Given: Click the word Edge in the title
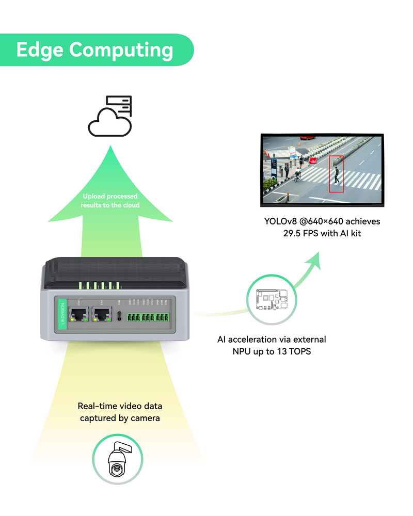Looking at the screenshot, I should (40, 50).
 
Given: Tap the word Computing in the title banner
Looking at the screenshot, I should (121, 51).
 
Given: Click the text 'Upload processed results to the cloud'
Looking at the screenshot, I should (110, 201).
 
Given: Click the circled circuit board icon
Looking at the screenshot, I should (272, 300).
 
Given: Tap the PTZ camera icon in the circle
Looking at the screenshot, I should (117, 459).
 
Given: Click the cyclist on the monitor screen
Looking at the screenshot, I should (297, 175).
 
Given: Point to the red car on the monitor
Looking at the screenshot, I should (307, 137).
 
